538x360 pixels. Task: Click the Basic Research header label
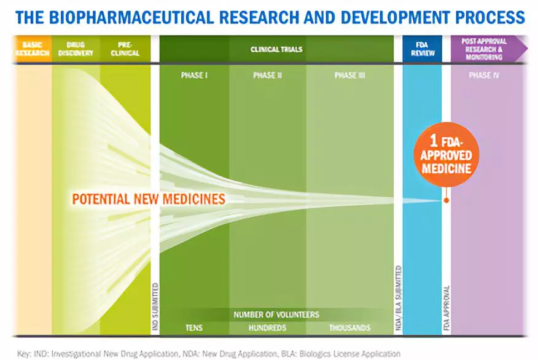click(x=32, y=49)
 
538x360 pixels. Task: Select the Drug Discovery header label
click(x=76, y=49)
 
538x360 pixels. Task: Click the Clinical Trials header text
click(x=276, y=49)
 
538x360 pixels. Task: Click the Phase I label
click(x=194, y=76)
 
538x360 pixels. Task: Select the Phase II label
click(x=267, y=76)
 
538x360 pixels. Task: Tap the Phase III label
click(x=349, y=76)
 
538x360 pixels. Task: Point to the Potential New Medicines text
click(x=149, y=199)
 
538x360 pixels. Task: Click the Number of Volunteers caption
click(x=276, y=315)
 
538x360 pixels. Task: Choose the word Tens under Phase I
click(x=194, y=327)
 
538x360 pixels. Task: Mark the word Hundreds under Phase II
click(x=267, y=327)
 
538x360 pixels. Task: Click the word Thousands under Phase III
click(x=349, y=327)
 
